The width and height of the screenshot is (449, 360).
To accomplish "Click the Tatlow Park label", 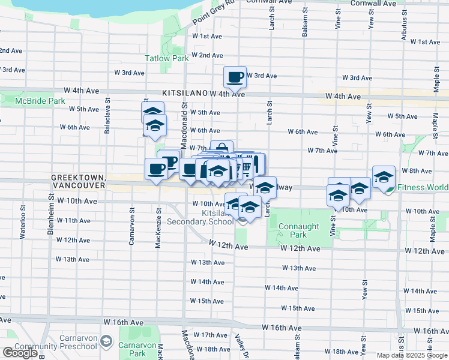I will (x=167, y=58).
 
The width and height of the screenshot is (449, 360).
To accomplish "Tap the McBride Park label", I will (x=40, y=101).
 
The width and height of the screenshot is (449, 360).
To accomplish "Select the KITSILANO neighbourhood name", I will (x=184, y=94).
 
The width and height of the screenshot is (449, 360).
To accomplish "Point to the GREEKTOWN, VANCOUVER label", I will (x=78, y=182).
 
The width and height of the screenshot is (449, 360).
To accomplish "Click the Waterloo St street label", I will (x=22, y=223).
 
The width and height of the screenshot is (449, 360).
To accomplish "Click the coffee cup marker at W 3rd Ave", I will (x=235, y=77).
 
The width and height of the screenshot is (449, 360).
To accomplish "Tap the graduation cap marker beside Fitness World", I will (x=384, y=176).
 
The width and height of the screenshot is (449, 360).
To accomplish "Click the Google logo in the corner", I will (x=20, y=353).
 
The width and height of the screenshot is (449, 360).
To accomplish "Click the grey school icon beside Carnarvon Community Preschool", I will (x=106, y=341).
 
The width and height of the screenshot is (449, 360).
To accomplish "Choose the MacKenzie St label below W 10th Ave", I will (x=158, y=227).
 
